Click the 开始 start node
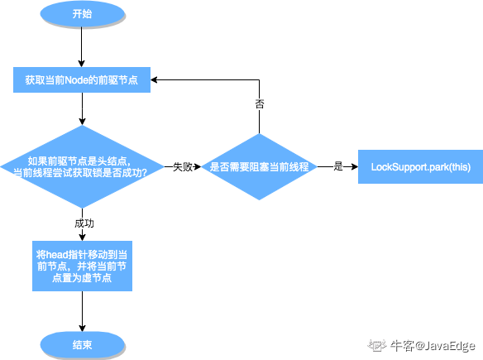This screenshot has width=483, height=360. click(81, 15)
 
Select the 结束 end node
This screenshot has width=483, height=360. click(81, 344)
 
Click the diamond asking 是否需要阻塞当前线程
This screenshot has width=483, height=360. click(259, 166)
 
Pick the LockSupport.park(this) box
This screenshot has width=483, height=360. click(419, 166)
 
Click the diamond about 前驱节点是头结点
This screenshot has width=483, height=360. click(81, 166)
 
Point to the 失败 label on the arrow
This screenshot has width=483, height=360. click(182, 166)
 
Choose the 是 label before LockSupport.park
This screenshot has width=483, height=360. click(337, 166)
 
